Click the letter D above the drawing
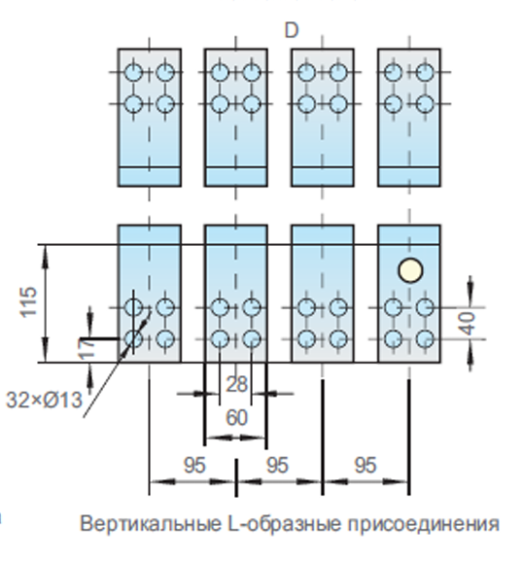coord(292,30)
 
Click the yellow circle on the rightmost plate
coord(410,270)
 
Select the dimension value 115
coord(28,301)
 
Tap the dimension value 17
coord(87,348)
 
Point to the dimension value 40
coord(468,324)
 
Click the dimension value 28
coord(236,385)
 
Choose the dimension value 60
coord(236,417)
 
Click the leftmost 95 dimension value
coord(194,466)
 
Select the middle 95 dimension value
coord(277,466)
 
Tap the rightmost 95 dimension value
coord(366,466)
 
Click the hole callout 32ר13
coord(45,400)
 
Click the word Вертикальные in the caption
coord(151,524)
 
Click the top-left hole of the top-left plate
coord(133,72)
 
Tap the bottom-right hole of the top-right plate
coord(425,104)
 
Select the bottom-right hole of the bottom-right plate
coord(426,338)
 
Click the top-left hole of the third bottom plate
coord(306,307)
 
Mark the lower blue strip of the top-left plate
coord(149,176)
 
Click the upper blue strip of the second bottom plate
coord(236,234)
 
